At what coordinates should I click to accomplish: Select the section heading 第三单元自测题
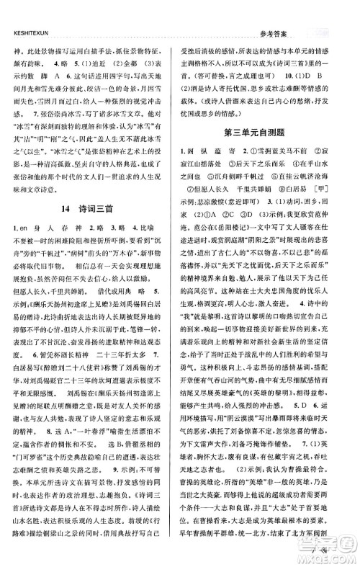[x=266, y=133]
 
